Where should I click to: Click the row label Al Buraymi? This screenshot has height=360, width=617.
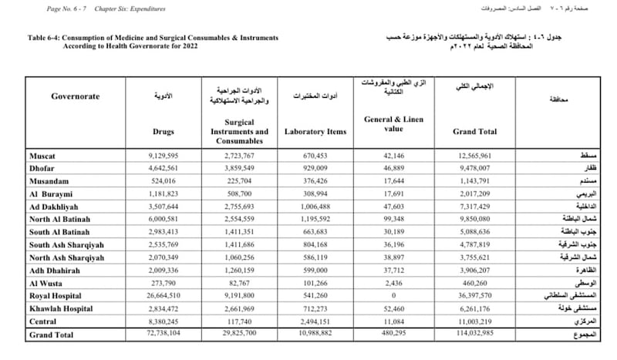[x=52, y=194]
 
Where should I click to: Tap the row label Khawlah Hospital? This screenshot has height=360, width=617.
[x=61, y=307]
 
